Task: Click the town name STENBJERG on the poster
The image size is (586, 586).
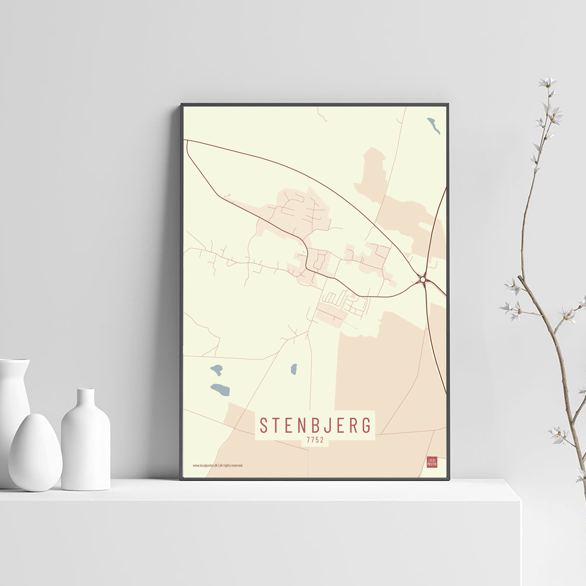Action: (x=316, y=425)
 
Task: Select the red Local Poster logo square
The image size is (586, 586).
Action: (x=432, y=462)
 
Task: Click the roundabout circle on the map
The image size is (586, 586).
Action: (x=423, y=280)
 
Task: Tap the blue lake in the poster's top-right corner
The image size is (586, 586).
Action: (x=434, y=125)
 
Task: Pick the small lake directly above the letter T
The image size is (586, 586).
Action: (x=294, y=369)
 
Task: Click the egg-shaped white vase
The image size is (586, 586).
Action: (x=35, y=452)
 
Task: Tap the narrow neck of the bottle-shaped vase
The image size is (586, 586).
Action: (x=86, y=397)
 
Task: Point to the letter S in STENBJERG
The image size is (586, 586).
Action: (x=264, y=425)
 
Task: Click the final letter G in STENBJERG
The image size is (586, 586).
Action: (x=367, y=425)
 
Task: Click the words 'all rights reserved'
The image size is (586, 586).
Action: (x=231, y=466)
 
